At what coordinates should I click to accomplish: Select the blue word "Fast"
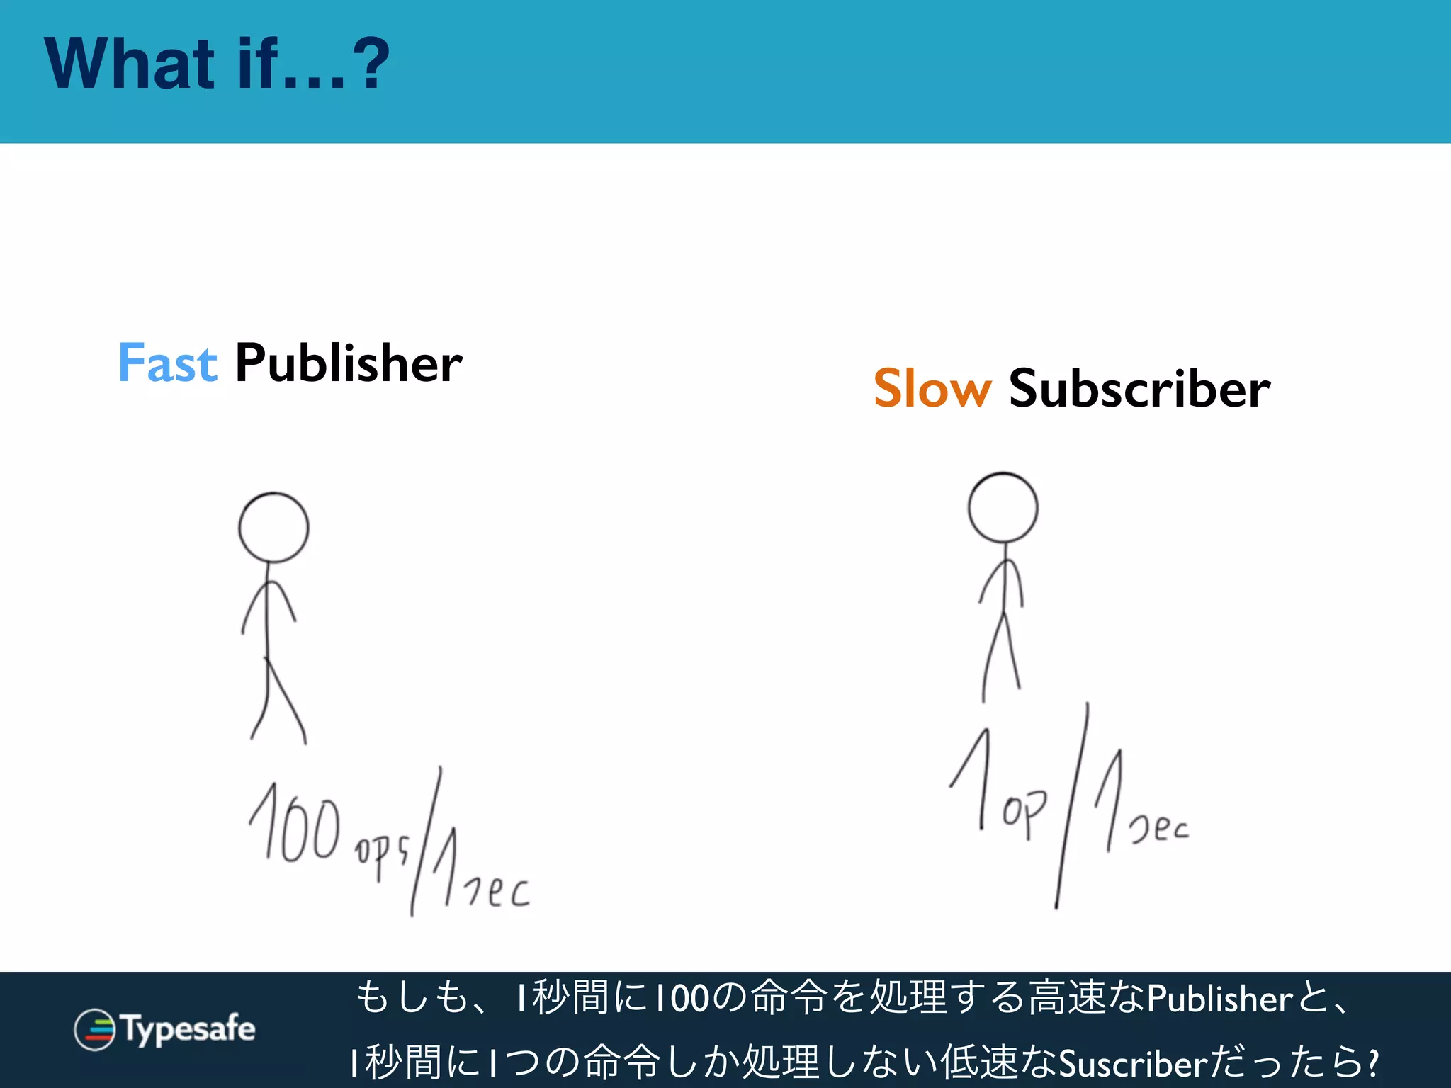167,363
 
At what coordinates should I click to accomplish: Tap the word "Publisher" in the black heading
348,363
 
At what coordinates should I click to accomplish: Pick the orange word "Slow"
932,389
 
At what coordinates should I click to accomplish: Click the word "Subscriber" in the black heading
1139,389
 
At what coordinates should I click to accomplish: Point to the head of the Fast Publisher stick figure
273,528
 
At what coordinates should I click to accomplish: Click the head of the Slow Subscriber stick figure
1003,508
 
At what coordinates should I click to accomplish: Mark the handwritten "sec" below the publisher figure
497,891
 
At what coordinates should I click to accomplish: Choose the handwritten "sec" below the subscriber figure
1159,827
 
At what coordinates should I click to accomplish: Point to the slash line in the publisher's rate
426,841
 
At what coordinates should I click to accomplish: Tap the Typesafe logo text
188,1028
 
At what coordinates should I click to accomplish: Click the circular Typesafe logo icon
94,1029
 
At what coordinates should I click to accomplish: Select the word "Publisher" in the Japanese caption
1219,999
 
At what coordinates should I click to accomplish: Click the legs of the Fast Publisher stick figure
278,701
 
